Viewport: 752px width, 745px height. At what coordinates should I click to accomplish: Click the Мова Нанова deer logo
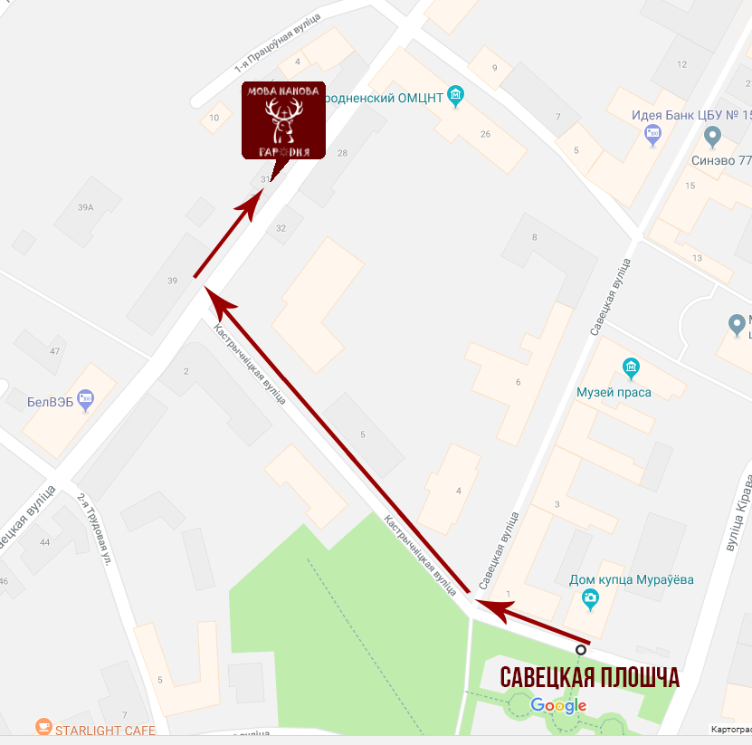pyautogui.click(x=283, y=119)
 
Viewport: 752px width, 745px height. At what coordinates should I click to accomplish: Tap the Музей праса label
pyautogui.click(x=614, y=392)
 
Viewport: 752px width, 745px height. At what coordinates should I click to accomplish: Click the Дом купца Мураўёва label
pyautogui.click(x=631, y=580)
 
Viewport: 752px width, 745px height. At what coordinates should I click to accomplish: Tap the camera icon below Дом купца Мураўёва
pyautogui.click(x=590, y=597)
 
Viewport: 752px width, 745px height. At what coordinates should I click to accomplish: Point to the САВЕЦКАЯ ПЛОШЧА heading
pyautogui.click(x=589, y=678)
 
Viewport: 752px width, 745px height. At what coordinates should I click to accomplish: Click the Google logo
pyautogui.click(x=558, y=705)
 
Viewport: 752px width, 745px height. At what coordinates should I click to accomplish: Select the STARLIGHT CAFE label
pyautogui.click(x=105, y=730)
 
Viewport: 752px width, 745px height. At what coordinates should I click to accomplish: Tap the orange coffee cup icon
pyautogui.click(x=43, y=726)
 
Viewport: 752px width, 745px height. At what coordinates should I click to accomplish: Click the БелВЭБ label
pyautogui.click(x=50, y=401)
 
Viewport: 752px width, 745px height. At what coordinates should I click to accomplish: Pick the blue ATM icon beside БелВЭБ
pyautogui.click(x=86, y=396)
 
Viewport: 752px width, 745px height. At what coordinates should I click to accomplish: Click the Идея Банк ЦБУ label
pyautogui.click(x=691, y=116)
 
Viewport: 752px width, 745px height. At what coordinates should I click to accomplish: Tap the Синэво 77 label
pyautogui.click(x=719, y=160)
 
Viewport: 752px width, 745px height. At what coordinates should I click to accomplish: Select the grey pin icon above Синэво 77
pyautogui.click(x=712, y=137)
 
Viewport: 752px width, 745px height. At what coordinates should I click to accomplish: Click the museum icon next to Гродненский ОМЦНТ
pyautogui.click(x=456, y=95)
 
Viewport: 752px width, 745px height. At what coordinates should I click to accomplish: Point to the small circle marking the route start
pyautogui.click(x=581, y=649)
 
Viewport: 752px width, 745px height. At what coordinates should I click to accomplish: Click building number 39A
pyautogui.click(x=86, y=207)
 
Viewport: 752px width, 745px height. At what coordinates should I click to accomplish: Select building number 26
pyautogui.click(x=486, y=134)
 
